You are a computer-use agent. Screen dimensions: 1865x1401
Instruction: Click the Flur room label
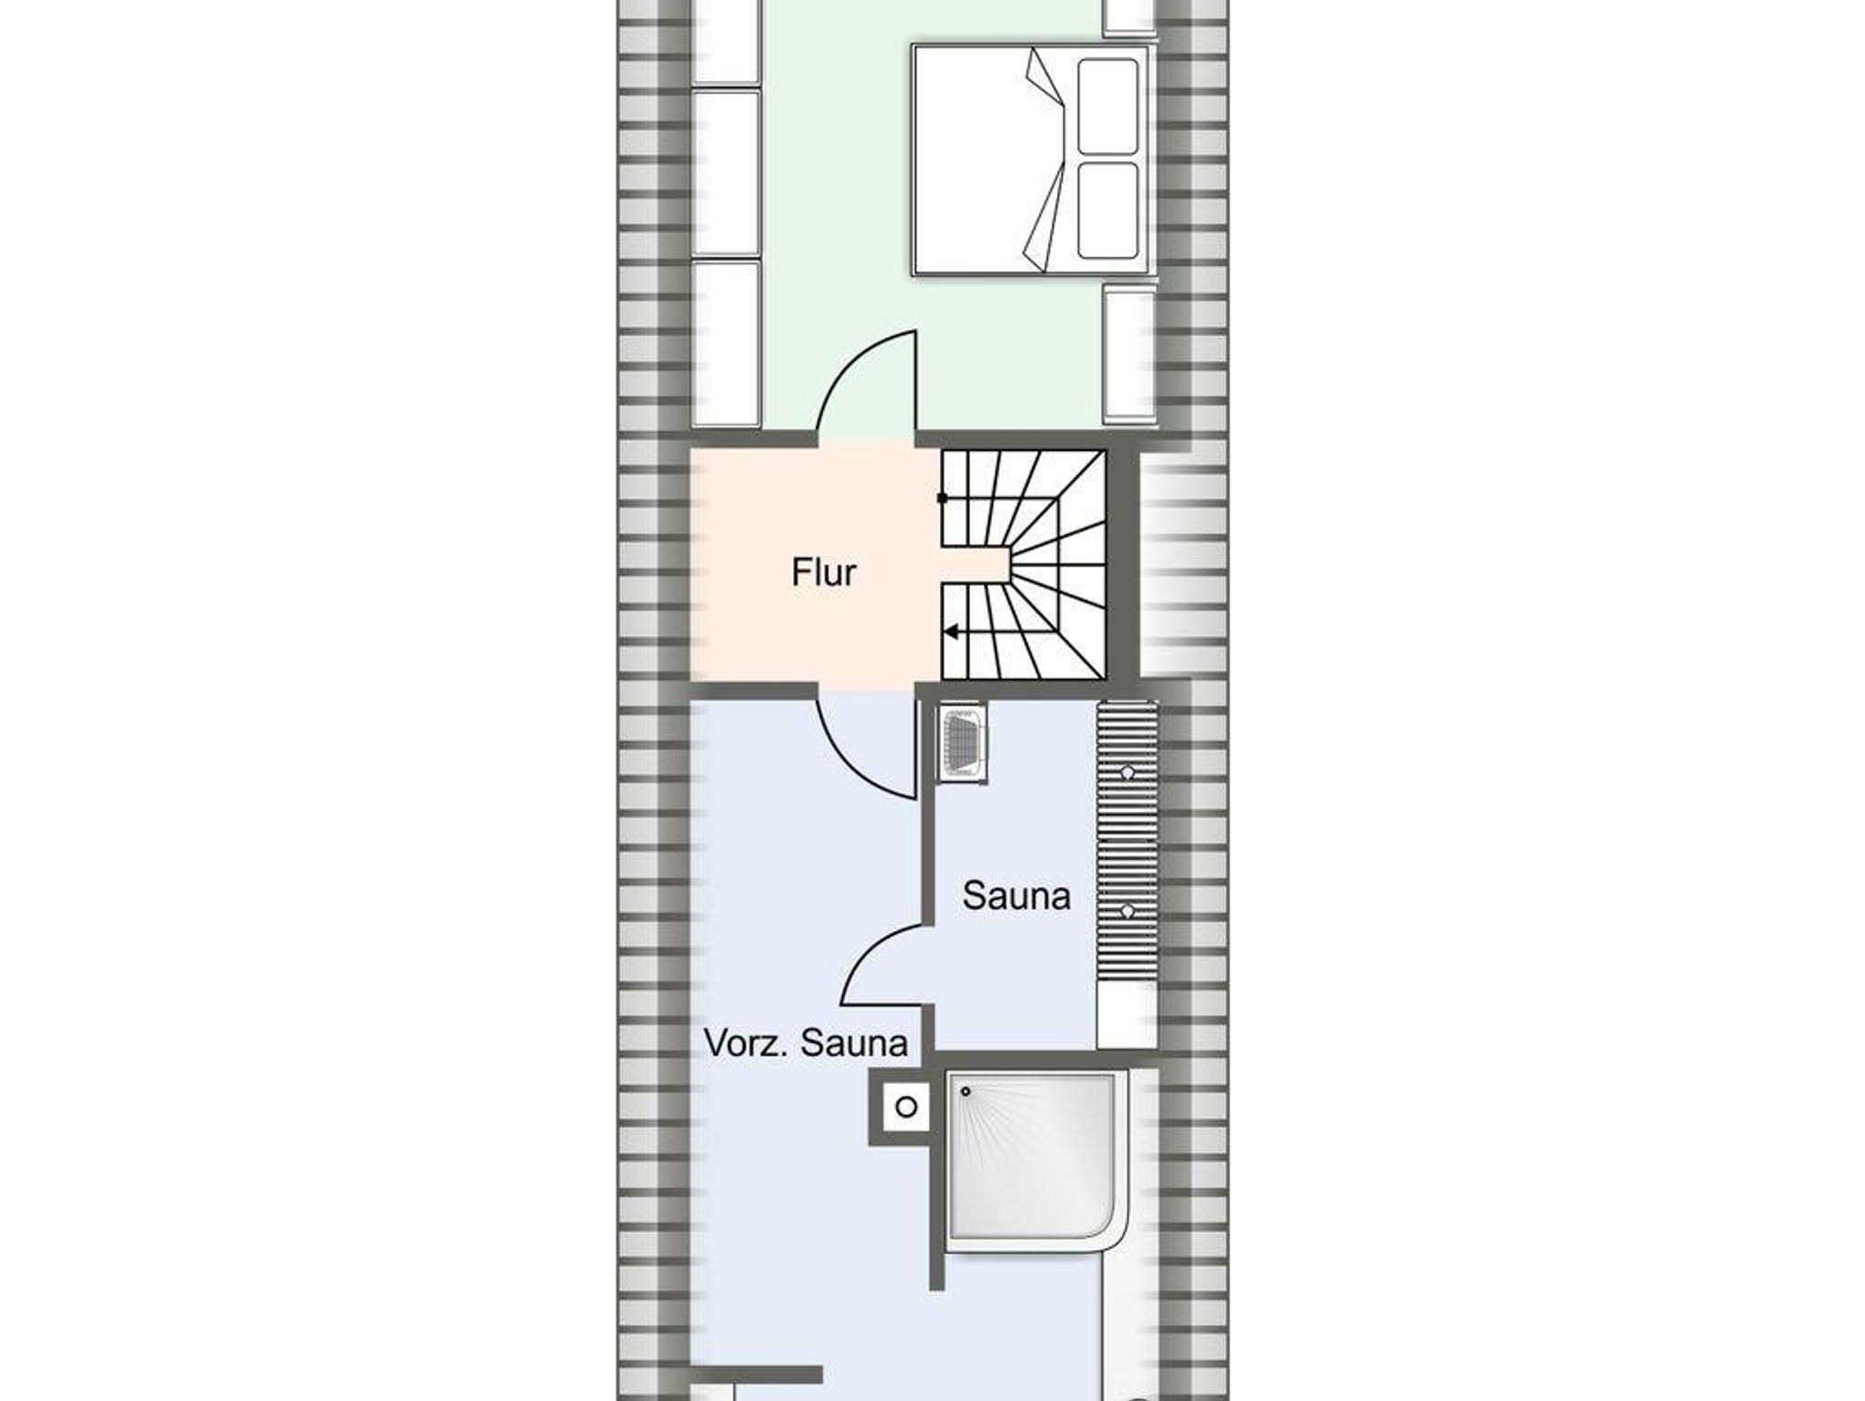(x=824, y=573)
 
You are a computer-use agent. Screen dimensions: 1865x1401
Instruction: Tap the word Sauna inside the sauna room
(x=1016, y=896)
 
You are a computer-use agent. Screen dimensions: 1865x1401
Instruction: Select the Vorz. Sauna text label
(x=806, y=1044)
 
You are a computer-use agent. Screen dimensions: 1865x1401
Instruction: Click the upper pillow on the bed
(x=1107, y=107)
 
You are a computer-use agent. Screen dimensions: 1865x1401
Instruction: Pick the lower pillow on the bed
(x=1107, y=210)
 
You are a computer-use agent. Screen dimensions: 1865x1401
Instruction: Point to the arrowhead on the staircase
(x=951, y=632)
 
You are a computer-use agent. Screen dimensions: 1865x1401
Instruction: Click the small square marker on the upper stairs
(x=943, y=498)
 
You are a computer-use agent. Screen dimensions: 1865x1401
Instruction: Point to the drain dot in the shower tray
(x=965, y=1091)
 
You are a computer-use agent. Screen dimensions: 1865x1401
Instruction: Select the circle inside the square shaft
(x=906, y=1108)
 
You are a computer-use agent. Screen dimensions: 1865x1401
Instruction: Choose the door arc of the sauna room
(x=870, y=947)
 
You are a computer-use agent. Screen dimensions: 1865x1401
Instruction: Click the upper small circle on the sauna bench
(x=1127, y=772)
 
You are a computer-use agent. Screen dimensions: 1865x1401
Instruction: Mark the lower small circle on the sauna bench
(x=1127, y=910)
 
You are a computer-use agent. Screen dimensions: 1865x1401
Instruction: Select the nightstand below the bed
(x=1129, y=354)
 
